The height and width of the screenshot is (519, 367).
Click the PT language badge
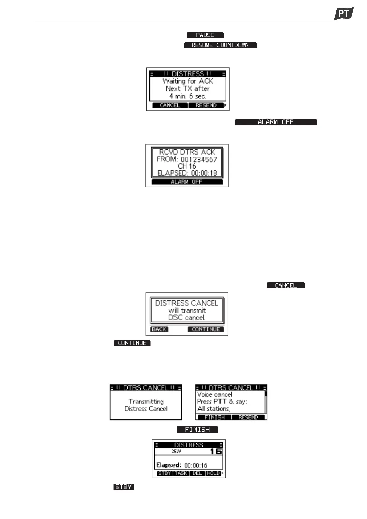point(344,14)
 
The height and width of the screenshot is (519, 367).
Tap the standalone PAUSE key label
point(205,35)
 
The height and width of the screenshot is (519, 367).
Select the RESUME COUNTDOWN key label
point(220,45)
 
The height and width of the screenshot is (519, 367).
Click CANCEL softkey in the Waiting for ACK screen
point(170,105)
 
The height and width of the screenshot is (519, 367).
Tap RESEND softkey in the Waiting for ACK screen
point(206,105)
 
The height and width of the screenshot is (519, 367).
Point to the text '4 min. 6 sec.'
point(188,96)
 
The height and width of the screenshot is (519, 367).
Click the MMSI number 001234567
point(199,160)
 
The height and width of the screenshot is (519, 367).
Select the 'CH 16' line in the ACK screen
point(187,166)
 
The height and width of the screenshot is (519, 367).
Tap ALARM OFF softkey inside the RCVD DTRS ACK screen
point(187,182)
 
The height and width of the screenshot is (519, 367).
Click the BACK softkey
point(159,329)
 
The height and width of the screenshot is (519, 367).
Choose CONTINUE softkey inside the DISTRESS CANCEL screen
point(206,329)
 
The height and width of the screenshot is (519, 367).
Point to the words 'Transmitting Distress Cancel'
point(146,405)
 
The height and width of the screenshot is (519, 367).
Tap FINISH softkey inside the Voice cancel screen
point(214,417)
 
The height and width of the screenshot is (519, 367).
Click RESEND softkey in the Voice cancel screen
point(248,417)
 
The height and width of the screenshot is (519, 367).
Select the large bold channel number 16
point(216,452)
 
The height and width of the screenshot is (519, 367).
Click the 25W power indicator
point(176,452)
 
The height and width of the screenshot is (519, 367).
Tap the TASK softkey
point(181,473)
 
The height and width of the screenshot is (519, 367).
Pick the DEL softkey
point(197,473)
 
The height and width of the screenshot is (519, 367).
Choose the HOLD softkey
point(213,473)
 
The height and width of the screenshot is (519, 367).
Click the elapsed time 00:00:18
point(204,173)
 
